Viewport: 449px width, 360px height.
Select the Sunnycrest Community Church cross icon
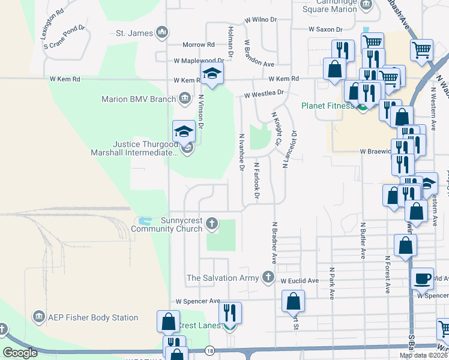point(211,224)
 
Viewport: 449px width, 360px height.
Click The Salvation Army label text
point(223,278)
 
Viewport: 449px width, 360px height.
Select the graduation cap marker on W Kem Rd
point(211,75)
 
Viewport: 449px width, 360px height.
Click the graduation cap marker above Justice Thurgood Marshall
point(184,131)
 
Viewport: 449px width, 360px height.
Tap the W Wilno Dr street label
point(261,20)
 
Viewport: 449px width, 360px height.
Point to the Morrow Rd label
point(199,45)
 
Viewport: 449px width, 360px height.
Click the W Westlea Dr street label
point(264,94)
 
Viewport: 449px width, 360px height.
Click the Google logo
point(20,353)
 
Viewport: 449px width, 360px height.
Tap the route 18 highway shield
point(209,350)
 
